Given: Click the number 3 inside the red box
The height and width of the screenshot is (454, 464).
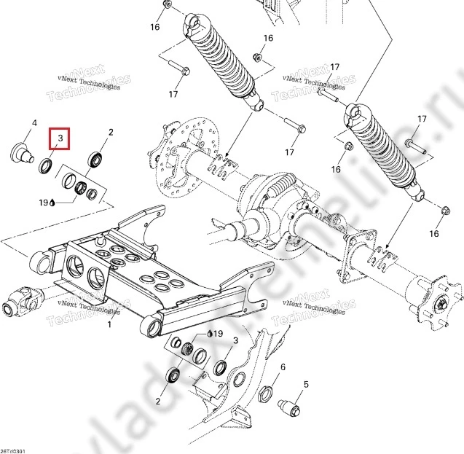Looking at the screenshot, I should pyautogui.click(x=60, y=138).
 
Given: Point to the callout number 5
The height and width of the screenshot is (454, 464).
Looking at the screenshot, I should pyautogui.click(x=306, y=383).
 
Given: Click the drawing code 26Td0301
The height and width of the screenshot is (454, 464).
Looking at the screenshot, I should pyautogui.click(x=14, y=450).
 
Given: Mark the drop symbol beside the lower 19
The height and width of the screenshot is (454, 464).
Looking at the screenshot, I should pyautogui.click(x=210, y=333).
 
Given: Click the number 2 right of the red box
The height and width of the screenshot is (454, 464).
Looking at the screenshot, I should pyautogui.click(x=111, y=133).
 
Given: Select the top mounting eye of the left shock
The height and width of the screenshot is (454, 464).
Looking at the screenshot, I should pyautogui.click(x=194, y=25).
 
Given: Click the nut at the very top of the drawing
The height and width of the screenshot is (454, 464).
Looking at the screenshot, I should pyautogui.click(x=168, y=5).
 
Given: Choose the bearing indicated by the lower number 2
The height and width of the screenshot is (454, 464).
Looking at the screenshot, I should pyautogui.click(x=174, y=376).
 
